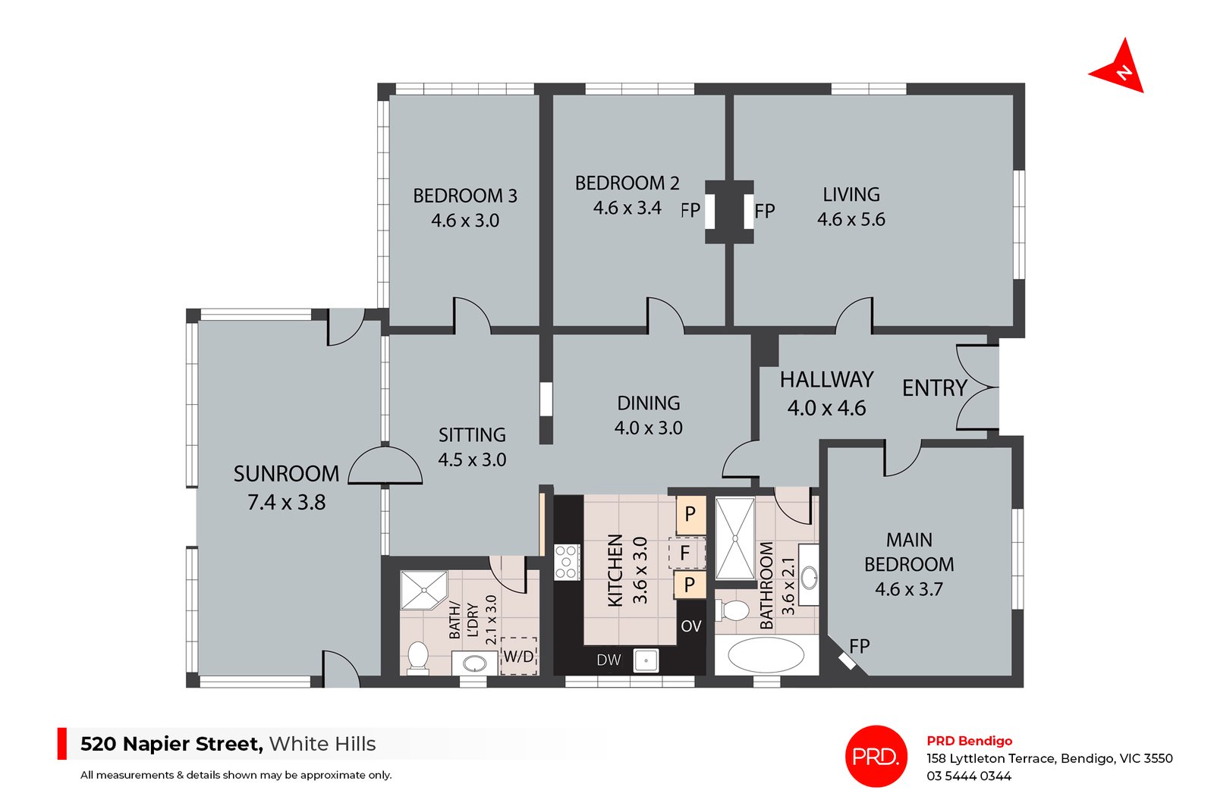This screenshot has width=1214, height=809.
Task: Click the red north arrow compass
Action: click(x=1118, y=69)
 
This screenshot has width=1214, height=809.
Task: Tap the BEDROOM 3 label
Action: click(x=464, y=196)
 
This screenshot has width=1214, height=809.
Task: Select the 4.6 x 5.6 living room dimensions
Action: click(x=851, y=220)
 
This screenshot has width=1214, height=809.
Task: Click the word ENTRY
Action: click(x=934, y=388)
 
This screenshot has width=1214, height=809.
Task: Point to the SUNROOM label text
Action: click(x=286, y=474)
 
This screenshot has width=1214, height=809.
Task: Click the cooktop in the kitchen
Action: click(x=567, y=562)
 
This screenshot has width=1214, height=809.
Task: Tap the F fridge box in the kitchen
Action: click(x=685, y=553)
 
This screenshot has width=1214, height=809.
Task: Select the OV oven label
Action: click(x=690, y=626)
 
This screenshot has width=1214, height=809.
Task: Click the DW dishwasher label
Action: click(x=609, y=660)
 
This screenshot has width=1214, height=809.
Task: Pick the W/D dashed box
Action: click(x=519, y=656)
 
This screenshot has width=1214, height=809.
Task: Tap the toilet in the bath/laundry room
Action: click(x=417, y=657)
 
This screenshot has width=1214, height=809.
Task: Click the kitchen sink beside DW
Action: click(x=646, y=660)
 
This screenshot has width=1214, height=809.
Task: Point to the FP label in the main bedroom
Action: click(x=859, y=647)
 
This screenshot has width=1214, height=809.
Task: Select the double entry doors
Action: click(x=977, y=388)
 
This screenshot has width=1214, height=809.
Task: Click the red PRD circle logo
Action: click(x=876, y=756)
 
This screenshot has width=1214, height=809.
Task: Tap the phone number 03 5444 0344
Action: click(x=968, y=776)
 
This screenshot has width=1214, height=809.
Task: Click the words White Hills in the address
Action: click(x=322, y=744)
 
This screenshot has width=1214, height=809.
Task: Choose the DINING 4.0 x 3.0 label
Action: click(x=648, y=415)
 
